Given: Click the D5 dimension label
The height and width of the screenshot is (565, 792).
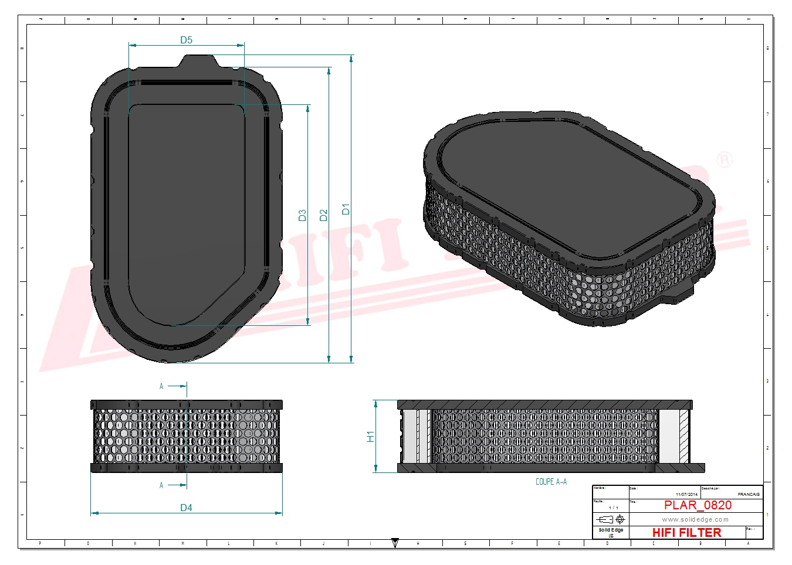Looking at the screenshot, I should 186,40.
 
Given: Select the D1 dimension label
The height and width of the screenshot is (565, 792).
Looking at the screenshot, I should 346,209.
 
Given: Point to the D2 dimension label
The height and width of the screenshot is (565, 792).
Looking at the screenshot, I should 323,215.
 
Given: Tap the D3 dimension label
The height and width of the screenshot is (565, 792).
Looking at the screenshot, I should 302,215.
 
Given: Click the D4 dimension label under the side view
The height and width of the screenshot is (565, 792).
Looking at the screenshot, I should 186,508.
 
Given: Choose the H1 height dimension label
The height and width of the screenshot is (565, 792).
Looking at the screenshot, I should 370,437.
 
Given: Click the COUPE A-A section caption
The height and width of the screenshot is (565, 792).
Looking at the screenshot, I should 551,482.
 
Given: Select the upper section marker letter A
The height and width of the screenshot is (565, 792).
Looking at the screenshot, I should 161,386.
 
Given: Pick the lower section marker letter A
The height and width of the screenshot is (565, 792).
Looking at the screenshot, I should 161,485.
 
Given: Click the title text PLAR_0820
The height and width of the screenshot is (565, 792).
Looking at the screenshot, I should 698,505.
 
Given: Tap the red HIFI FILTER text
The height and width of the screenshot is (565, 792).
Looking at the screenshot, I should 686,533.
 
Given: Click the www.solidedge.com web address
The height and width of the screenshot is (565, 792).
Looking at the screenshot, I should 695,519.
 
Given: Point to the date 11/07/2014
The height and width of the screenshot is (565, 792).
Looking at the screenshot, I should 686,495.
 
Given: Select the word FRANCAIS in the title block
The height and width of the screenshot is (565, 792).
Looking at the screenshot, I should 749,495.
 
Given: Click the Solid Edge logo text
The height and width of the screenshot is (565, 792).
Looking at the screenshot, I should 611,530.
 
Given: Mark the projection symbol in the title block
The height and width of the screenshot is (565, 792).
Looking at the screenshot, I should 611,519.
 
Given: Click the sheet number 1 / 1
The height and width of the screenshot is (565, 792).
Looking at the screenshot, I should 613,508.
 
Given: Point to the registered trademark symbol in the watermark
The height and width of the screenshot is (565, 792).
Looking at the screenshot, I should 725,159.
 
